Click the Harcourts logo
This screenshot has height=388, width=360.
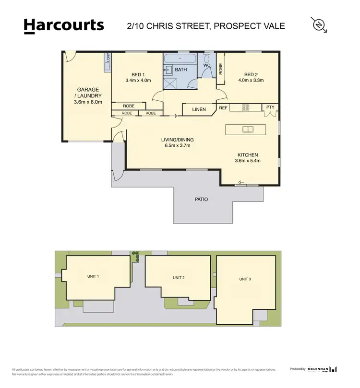pos(63,25)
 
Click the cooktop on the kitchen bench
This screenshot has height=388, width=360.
pos(245,107)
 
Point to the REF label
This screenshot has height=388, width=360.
pos(223,108)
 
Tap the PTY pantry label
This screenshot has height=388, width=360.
pos(271,108)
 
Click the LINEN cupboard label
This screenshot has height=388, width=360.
pos(199,109)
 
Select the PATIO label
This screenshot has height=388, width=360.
pos(201,199)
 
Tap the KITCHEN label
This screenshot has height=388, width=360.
pos(248,155)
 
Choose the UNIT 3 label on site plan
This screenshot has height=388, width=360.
pos(245,279)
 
